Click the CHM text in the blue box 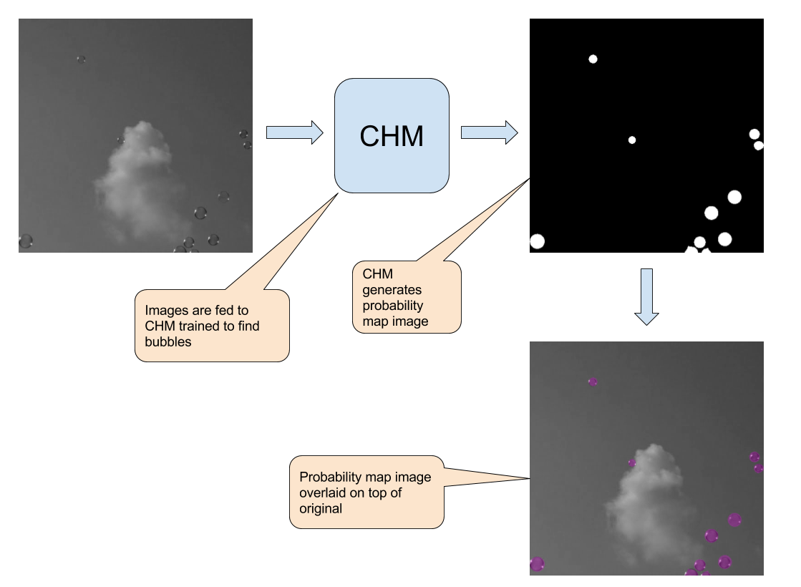pos(392,136)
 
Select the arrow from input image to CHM pos(294,132)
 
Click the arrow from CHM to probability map pos(489,132)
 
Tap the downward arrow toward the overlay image pos(646,296)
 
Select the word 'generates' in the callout pos(392,290)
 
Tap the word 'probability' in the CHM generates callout pos(392,306)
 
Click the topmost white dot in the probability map pos(593,59)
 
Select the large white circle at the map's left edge pos(537,241)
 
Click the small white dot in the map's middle pos(632,140)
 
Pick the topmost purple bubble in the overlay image pos(593,382)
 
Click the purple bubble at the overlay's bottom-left pos(537,564)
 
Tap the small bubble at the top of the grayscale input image pos(81,59)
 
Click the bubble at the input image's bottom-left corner pos(26,241)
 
